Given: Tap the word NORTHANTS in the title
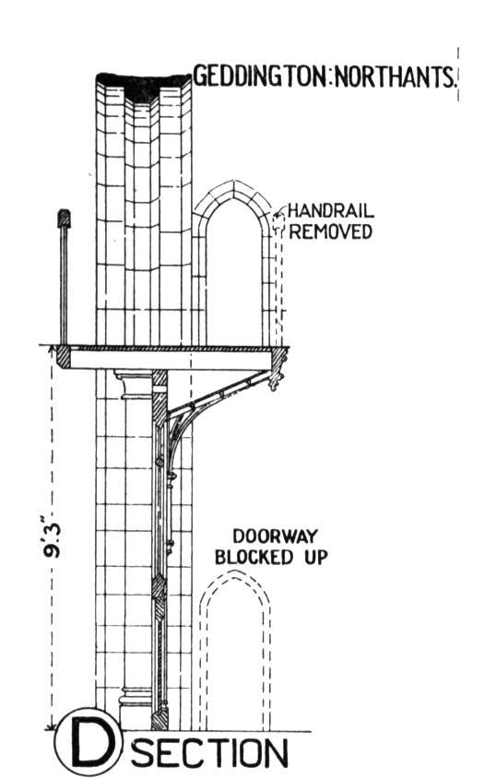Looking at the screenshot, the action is point(395,76).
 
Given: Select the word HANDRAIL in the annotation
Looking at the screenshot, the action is point(330,211).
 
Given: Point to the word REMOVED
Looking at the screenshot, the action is point(331,231).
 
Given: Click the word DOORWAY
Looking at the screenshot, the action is point(275,536).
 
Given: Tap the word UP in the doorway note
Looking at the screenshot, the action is point(316,557).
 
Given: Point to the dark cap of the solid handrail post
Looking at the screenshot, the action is point(64,218).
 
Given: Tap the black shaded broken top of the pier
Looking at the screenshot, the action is point(143,86).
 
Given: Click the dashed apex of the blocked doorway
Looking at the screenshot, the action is point(235,572).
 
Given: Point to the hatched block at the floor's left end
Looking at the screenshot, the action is point(63,358).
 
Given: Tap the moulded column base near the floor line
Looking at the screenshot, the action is point(136,703).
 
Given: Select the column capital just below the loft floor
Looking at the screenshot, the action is point(134,384).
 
